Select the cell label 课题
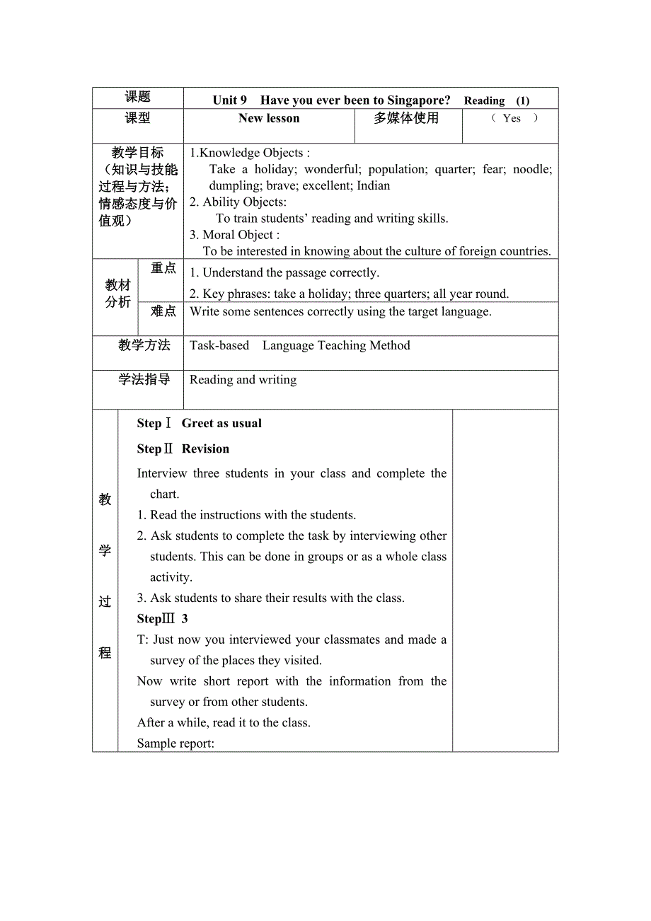[138, 97]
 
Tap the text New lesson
[269, 118]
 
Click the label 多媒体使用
[406, 118]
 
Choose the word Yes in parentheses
[512, 118]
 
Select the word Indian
[373, 185]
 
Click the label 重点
[163, 268]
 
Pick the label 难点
[163, 311]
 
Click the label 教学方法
[144, 345]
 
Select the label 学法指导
[144, 379]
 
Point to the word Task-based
[219, 345]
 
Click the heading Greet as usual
[221, 423]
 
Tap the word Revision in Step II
[205, 448]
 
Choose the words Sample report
[175, 743]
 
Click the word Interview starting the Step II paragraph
[163, 473]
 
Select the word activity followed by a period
[171, 577]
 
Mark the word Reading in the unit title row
[484, 101]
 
